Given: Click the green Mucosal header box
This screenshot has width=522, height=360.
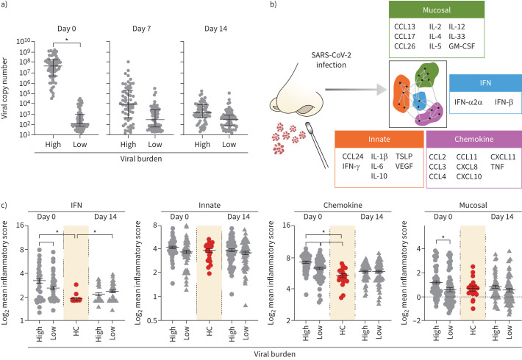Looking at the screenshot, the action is (x=437, y=10).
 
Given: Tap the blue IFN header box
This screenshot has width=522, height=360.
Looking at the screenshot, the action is (x=485, y=83).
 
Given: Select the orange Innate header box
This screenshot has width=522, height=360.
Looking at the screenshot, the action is (x=379, y=139).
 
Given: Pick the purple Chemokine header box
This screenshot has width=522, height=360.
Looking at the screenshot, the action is (x=474, y=139).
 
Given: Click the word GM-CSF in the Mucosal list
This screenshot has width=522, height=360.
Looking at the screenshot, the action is (x=462, y=46).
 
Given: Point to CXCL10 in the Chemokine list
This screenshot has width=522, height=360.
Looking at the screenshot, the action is (x=469, y=176).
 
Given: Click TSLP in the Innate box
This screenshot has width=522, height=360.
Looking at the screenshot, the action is (x=404, y=156).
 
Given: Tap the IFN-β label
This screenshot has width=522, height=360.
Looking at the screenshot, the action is (x=504, y=102).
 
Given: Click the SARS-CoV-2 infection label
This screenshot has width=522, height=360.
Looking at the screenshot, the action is (x=331, y=60).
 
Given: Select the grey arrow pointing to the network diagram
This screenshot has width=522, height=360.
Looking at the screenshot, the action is (x=357, y=89).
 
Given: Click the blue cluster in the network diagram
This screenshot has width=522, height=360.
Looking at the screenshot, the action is (x=419, y=101).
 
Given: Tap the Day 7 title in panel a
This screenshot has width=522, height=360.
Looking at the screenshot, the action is (x=141, y=29).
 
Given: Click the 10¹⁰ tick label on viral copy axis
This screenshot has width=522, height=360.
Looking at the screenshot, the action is (x=24, y=41).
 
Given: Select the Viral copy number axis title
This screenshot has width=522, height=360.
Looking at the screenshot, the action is (x=4, y=88).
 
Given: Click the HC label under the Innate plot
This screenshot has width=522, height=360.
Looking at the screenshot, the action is (x=209, y=331).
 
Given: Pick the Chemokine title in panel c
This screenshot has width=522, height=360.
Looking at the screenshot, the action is (x=343, y=205).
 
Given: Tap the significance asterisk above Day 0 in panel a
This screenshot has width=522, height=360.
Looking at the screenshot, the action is (x=67, y=40).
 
